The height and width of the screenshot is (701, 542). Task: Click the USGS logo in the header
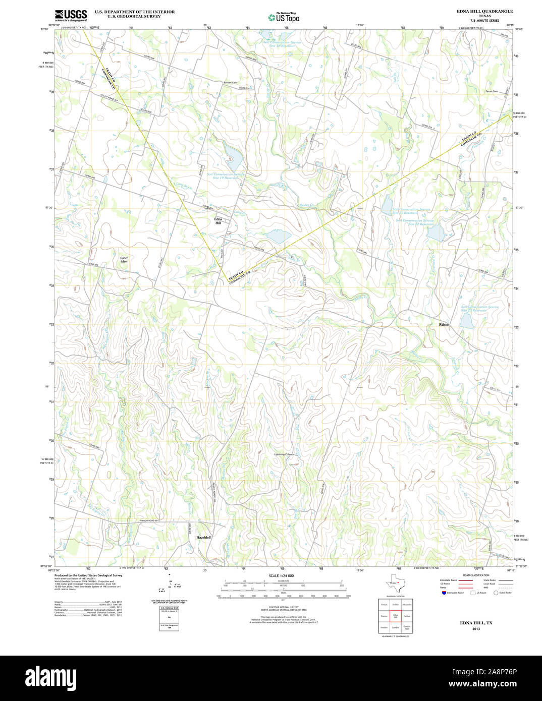[x=71, y=15]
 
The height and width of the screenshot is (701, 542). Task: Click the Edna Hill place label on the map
[x=218, y=221]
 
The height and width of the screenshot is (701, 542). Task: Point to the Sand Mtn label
[x=124, y=260]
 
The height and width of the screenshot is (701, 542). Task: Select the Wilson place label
[x=444, y=325]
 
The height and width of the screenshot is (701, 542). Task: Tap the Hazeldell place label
[x=203, y=538]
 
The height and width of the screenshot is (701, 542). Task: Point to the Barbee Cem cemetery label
[x=230, y=82]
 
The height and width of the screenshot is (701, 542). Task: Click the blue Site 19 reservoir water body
[x=233, y=158]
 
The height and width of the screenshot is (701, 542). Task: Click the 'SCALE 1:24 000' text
[x=281, y=575]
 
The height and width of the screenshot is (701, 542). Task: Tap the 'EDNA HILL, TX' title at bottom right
[x=476, y=623]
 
